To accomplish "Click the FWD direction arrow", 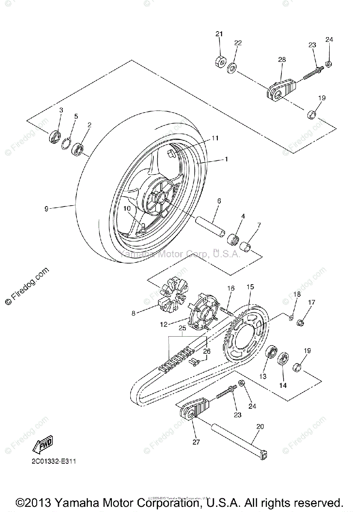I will click(x=43, y=446).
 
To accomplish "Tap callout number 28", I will click(x=282, y=60).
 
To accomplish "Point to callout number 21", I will click(x=219, y=34).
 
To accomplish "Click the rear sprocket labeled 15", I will click(x=243, y=337).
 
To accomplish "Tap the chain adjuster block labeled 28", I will click(x=280, y=89).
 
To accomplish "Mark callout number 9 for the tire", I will click(x=47, y=208).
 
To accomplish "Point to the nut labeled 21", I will click(x=220, y=61).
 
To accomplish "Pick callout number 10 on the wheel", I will click(x=127, y=208).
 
